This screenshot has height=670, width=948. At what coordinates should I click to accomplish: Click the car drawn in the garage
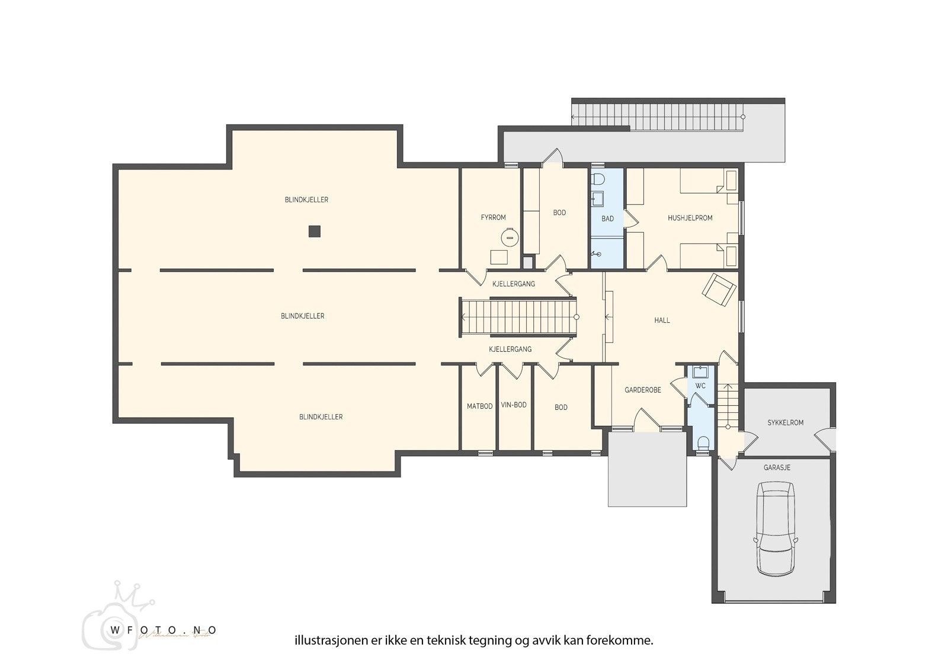776,528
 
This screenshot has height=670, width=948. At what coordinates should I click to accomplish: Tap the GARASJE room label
777,467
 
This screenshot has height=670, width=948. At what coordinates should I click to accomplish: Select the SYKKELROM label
785,422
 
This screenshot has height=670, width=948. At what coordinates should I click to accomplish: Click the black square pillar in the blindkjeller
314,232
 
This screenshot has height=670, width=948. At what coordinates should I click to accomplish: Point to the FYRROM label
493,217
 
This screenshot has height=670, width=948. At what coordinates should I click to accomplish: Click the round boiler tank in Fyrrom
510,238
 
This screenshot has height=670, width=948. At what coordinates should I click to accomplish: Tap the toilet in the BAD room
598,179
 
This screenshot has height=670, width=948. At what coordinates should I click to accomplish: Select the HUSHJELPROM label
690,218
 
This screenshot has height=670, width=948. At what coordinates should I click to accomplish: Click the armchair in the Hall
719,289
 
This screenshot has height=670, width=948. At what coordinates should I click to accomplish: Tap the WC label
700,386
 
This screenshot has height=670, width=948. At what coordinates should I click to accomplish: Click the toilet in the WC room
703,443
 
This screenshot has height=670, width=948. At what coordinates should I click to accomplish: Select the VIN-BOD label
514,405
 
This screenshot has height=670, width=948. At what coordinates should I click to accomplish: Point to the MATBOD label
479,406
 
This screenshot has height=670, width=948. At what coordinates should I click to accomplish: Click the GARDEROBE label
643,390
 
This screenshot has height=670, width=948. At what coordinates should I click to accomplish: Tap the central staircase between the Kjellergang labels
518,317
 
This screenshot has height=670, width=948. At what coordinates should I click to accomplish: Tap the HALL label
662,320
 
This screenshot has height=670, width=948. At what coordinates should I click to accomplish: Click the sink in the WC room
701,371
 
